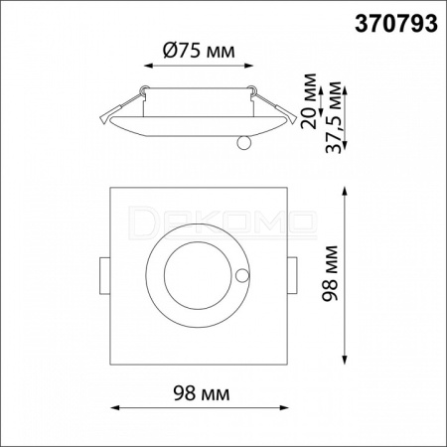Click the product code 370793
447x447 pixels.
[x=396, y=24]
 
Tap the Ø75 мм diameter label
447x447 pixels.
[x=199, y=51]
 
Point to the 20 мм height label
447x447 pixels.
[x=308, y=100]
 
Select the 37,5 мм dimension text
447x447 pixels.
[x=333, y=117]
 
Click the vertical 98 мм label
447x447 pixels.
[x=330, y=273]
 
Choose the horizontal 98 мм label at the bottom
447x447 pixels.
[x=202, y=393]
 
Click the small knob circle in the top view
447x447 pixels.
[x=242, y=275]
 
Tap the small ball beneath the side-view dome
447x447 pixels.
[x=244, y=143]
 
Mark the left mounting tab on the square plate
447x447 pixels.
[x=104, y=275]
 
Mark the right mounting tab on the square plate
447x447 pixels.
[x=292, y=275]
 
